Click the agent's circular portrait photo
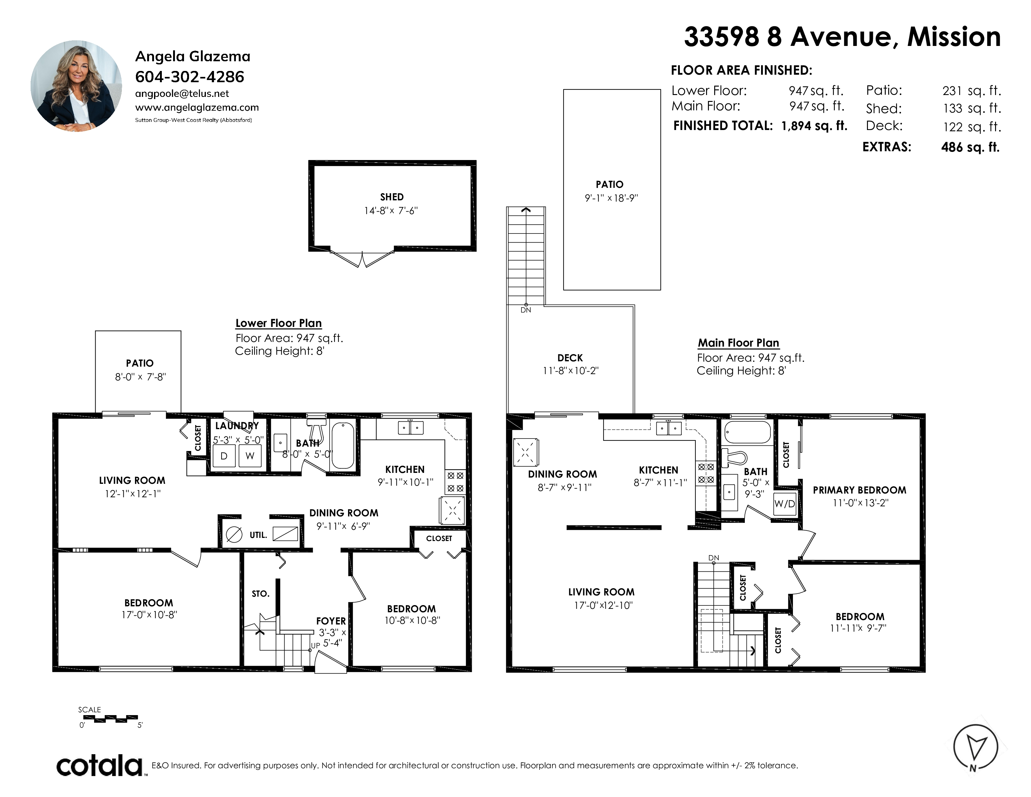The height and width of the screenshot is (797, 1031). coord(77,86)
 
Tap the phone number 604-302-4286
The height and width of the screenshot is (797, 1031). coord(190,77)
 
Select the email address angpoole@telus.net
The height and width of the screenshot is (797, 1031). coord(182,93)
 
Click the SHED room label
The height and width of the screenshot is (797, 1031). coord(392,197)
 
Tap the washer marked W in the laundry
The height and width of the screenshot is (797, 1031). coord(250,456)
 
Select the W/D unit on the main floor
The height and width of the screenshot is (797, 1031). coord(784,504)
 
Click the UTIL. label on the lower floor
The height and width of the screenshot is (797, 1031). coord(258,535)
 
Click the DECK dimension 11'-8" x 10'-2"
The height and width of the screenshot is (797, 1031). coord(570,371)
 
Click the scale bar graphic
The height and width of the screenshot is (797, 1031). coord(114,719)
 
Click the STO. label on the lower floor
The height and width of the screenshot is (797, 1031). coord(261,594)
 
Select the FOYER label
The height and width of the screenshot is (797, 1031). coord(331,621)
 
